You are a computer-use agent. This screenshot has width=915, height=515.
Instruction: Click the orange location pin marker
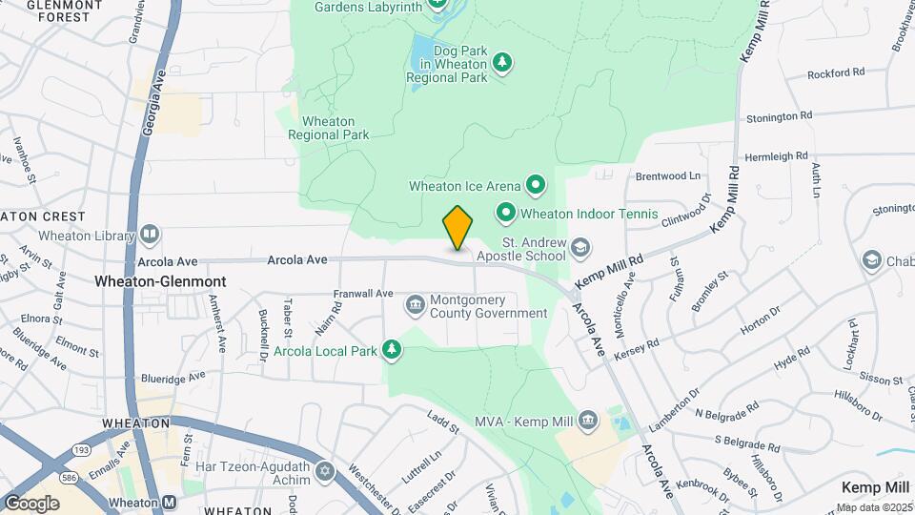(x=457, y=228)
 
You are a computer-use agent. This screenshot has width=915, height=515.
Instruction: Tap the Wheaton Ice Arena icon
(x=536, y=185)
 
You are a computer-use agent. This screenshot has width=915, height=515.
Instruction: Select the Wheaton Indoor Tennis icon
(x=505, y=213)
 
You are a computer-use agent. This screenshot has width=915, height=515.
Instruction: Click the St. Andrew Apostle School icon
(x=579, y=250)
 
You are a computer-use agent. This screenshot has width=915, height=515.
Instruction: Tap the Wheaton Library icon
(x=149, y=235)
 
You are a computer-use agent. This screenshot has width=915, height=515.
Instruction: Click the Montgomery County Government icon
(x=416, y=305)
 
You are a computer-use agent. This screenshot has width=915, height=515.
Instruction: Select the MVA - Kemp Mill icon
(x=588, y=420)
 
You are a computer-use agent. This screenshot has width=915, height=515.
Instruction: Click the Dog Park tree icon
(x=502, y=62)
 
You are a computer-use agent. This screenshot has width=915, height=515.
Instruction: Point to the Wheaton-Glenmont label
(x=160, y=282)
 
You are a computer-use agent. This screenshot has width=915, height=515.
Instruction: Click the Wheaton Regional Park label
(x=329, y=128)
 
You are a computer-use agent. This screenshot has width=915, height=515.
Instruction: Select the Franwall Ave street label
(x=363, y=294)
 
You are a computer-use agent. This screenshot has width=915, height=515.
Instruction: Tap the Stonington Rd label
(x=780, y=116)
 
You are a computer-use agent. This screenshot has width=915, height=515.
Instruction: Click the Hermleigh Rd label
(x=776, y=155)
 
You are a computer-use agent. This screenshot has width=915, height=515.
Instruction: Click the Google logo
(x=31, y=503)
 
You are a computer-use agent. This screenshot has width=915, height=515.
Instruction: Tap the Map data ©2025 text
(x=874, y=507)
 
